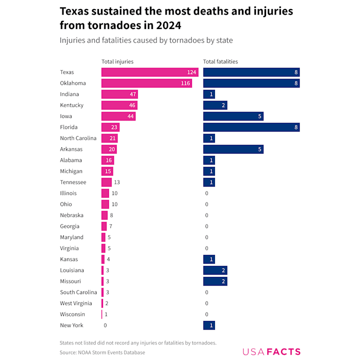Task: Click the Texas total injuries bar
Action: point(149,72)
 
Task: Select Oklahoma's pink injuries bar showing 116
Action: point(146,83)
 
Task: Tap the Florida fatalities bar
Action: point(251,127)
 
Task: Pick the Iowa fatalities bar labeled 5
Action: point(233,116)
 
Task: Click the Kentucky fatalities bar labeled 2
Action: point(215,105)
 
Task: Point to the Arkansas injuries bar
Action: point(109,149)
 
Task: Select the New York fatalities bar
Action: point(209,325)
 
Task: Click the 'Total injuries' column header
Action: point(117,61)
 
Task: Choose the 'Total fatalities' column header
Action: point(220,61)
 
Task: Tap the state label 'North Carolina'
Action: point(78,138)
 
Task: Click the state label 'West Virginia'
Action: point(76,303)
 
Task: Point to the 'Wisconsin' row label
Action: point(72,314)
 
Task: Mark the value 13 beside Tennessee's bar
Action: point(117,182)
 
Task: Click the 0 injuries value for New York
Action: point(105,325)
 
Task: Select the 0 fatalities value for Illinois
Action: point(206,193)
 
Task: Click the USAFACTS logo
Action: point(271,351)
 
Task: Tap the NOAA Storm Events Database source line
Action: point(102,352)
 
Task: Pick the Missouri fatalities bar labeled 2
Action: point(215,281)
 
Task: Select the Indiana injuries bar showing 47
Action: point(119,94)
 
